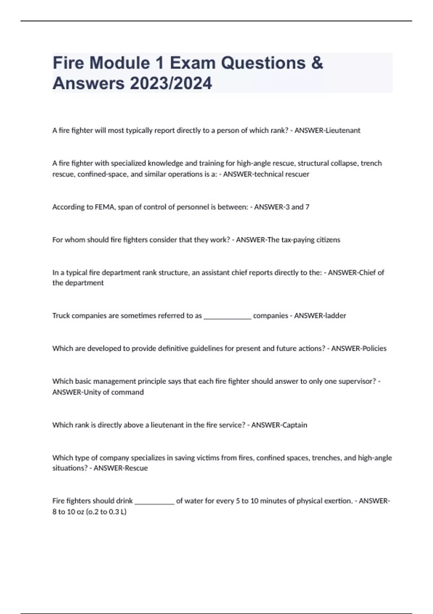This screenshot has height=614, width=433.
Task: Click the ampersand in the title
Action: tap(316, 63)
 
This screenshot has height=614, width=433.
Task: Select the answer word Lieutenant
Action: tap(343, 130)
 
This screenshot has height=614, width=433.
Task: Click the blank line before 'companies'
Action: tap(227, 316)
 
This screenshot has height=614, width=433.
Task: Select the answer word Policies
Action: tap(374, 349)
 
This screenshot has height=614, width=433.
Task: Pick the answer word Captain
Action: tap(294, 425)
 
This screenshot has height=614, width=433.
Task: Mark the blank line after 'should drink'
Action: tap(154, 501)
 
